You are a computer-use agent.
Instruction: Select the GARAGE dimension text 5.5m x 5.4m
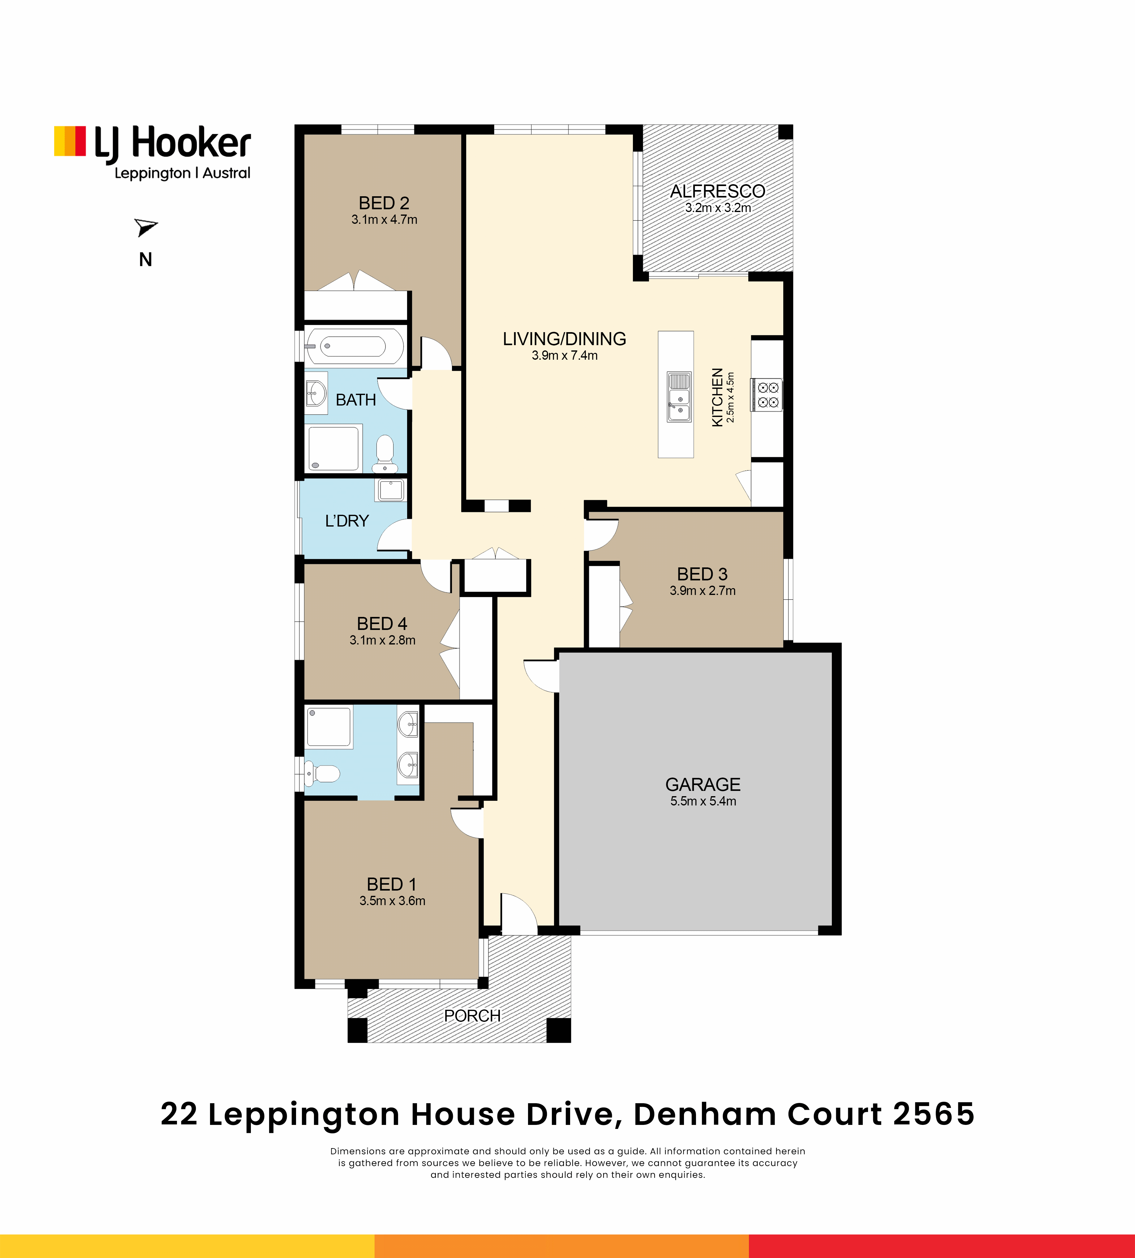tap(703, 801)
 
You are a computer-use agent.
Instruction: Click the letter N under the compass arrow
tap(145, 260)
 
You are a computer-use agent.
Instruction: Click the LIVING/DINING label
tap(564, 339)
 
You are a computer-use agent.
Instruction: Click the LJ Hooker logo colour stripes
tap(70, 141)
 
